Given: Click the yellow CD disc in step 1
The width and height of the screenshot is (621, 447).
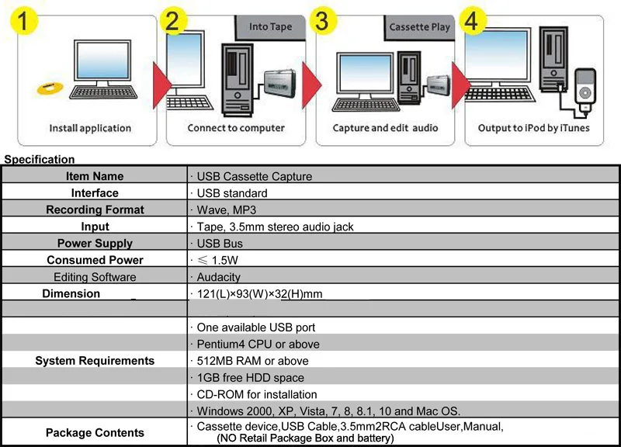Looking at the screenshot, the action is point(50,88).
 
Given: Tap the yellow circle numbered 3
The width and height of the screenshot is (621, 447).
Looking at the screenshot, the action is point(323,21).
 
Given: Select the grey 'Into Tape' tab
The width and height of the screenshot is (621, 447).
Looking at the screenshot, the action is point(270,27).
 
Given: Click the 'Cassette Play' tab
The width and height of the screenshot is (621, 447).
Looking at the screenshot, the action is point(419,27).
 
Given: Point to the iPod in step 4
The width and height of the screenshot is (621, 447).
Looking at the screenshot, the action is point(585,91).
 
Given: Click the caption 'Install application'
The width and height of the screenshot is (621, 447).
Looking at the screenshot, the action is point(90,128).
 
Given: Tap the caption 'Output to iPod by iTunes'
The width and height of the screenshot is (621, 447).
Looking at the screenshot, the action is point(533,128).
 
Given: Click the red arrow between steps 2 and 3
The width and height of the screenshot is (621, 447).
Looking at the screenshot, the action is point(312,85).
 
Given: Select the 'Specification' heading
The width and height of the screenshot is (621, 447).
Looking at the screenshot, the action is point(40,159).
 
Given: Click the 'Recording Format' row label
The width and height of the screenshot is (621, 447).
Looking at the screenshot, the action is point(95,210).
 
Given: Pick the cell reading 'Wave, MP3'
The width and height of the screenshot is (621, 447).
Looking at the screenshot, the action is point(226,210).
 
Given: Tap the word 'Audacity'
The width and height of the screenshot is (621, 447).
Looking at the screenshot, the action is point(219,277).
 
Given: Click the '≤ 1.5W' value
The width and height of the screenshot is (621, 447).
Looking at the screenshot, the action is point(217,260).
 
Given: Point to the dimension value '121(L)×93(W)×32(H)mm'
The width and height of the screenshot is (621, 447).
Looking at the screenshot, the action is point(259,294).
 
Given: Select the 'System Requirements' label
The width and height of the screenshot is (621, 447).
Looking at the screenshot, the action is point(95,361).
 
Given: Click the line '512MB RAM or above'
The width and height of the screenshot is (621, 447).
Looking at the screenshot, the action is point(253,361).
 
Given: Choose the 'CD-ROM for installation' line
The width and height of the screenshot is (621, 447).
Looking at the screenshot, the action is point(257,394).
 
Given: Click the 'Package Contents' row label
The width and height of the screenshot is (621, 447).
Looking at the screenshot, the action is point(95,433).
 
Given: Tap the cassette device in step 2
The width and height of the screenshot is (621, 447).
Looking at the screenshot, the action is point(280,83).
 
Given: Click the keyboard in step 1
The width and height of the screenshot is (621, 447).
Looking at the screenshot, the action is point(103,93).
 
